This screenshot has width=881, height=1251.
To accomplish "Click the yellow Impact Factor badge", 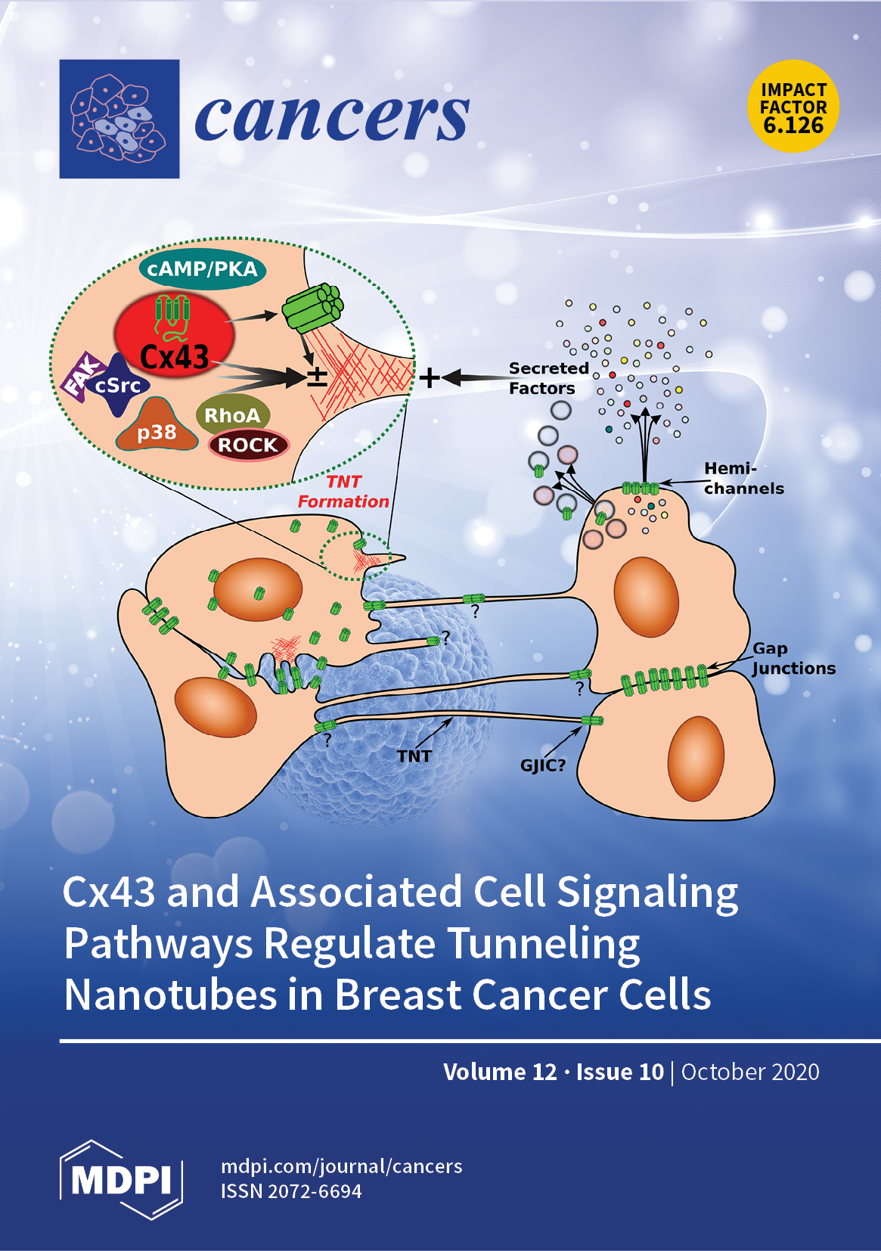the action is (793, 107).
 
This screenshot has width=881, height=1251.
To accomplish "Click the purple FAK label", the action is (82, 376).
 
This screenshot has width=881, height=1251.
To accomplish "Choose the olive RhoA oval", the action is (232, 414).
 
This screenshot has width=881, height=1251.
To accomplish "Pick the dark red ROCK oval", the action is (248, 445).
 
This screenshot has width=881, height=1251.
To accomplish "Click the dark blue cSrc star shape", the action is (118, 386).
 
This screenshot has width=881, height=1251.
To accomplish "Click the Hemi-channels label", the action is (743, 479).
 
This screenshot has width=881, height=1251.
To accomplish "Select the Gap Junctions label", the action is (793, 658).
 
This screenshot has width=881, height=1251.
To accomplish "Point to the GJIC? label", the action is (542, 765).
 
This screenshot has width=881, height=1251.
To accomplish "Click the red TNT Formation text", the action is (343, 492).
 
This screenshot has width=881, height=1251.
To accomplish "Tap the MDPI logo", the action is (121, 1179).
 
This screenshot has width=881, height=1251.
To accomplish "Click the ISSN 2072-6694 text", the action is (291, 1191).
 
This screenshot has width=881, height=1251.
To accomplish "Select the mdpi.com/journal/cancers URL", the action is (341, 1166).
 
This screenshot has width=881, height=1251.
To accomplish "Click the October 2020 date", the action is (750, 1072).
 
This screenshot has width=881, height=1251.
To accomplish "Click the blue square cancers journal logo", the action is (119, 119).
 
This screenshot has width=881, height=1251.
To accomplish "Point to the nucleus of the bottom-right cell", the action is (696, 758).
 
